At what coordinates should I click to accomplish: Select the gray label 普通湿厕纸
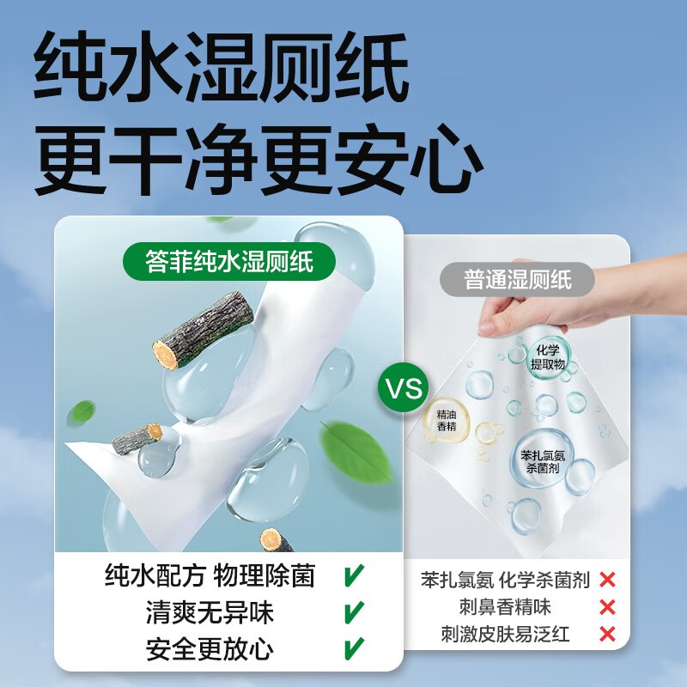518,279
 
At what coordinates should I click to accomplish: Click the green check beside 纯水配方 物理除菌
353,575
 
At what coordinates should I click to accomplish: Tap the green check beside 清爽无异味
353,612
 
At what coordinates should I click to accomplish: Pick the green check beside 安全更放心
353,647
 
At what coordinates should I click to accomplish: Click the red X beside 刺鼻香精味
608,607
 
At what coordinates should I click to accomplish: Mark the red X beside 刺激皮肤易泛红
608,635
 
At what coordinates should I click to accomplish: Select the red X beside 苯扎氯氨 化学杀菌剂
608,580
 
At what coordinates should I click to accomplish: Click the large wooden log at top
203,329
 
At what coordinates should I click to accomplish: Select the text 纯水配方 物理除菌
210,575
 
